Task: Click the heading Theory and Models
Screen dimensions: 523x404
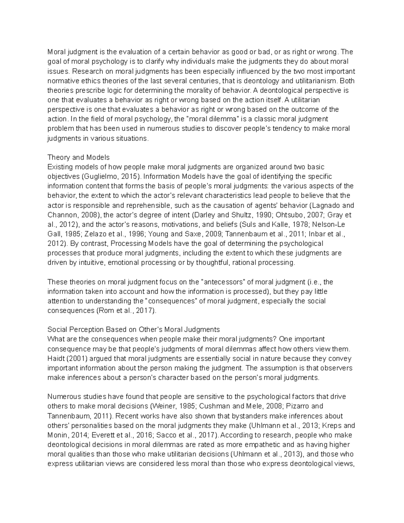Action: click(79, 157)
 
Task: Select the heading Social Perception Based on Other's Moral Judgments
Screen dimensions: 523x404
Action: click(134, 329)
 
